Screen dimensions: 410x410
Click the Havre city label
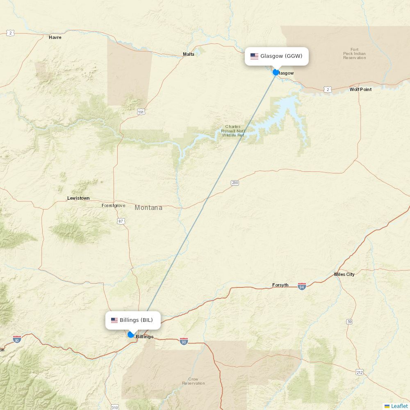tap(55, 37)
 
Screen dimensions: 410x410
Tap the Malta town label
tap(189, 54)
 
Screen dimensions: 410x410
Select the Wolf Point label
tap(360, 89)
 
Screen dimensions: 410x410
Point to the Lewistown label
tap(78, 198)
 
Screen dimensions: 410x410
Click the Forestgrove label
tap(114, 205)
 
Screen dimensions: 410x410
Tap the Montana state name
tap(148, 208)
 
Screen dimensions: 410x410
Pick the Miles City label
tap(344, 274)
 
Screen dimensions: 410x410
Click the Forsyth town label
tap(280, 285)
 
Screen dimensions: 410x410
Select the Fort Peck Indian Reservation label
tap(355, 54)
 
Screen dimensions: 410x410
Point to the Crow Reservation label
tap(193, 381)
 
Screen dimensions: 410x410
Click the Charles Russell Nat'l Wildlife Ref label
tap(233, 131)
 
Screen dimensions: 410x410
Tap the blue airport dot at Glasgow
tap(276, 72)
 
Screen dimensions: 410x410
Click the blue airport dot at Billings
tap(131, 335)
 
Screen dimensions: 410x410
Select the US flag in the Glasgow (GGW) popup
tap(254, 56)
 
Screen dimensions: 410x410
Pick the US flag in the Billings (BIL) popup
tap(114, 320)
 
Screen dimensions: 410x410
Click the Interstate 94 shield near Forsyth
tap(302, 286)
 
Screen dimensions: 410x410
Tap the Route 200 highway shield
tap(235, 183)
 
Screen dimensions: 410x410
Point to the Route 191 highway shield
tap(141, 112)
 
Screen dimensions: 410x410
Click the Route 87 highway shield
tap(121, 221)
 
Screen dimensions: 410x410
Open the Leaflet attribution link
tap(399, 406)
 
